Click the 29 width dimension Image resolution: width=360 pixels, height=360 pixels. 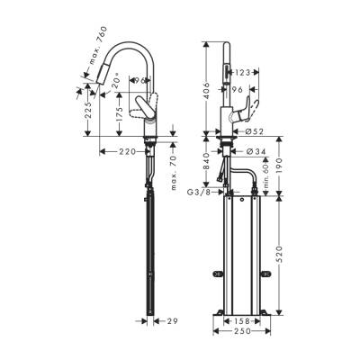pyautogui.click(x=173, y=319)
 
